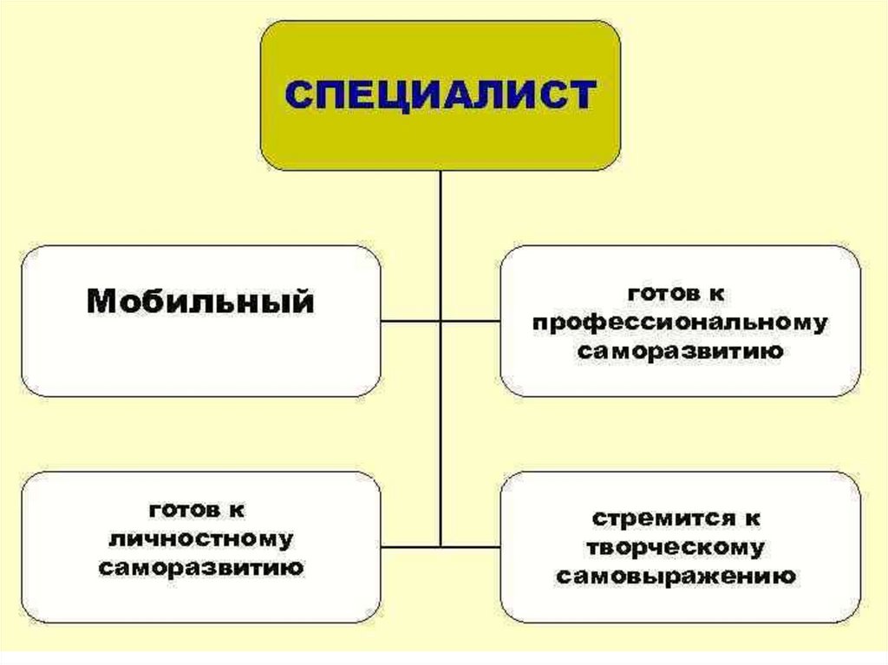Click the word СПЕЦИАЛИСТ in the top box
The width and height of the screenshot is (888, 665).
click(441, 94)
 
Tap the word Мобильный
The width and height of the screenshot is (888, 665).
click(200, 303)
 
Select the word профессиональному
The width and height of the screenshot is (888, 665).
click(680, 323)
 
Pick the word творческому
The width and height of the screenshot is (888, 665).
click(676, 547)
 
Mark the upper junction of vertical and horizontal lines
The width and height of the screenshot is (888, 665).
click(441, 321)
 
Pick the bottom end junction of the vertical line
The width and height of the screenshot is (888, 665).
click(441, 546)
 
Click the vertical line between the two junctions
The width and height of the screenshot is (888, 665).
click(441, 434)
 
